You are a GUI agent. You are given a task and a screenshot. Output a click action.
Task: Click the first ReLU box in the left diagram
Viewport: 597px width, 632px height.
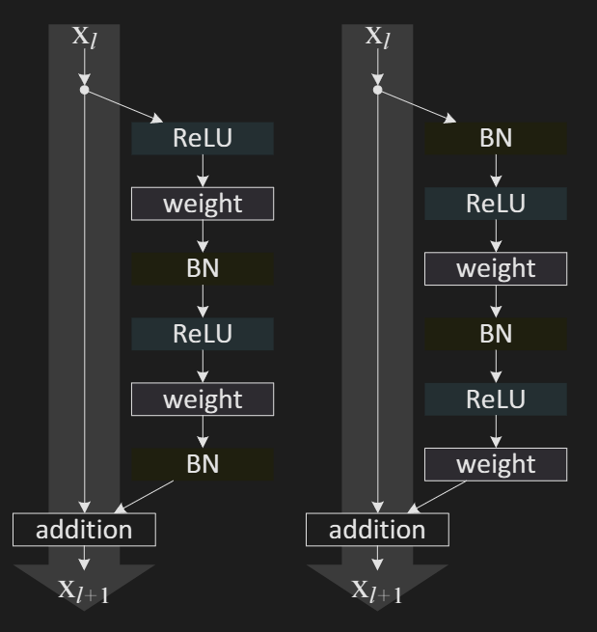click(203, 139)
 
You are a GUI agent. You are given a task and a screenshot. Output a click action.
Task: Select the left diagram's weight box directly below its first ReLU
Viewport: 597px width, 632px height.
click(203, 204)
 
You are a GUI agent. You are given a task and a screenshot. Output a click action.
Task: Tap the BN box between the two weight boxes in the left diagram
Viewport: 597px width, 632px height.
click(203, 268)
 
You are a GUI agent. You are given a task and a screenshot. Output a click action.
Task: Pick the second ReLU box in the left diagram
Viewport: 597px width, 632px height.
click(203, 334)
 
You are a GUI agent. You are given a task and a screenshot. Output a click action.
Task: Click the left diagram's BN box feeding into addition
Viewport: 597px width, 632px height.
click(203, 463)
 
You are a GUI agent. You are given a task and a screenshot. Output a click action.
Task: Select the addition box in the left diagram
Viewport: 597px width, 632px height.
click(85, 529)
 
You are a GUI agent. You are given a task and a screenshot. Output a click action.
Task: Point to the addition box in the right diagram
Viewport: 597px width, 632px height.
click(378, 529)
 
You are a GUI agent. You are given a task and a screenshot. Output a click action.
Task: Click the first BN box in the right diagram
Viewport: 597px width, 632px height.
click(496, 139)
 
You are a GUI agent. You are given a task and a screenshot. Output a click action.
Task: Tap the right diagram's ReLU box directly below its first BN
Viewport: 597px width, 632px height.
click(496, 204)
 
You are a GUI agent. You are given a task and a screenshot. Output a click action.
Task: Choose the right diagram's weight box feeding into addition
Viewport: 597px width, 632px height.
click(496, 463)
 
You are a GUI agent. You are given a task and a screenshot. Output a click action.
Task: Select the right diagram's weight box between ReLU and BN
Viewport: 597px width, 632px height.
click(496, 268)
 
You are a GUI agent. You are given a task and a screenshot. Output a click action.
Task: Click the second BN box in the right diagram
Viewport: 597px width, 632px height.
click(496, 334)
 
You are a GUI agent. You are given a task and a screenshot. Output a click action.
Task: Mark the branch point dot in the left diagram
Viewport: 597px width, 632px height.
click(85, 91)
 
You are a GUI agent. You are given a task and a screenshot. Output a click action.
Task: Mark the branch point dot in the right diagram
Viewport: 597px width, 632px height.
click(378, 91)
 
